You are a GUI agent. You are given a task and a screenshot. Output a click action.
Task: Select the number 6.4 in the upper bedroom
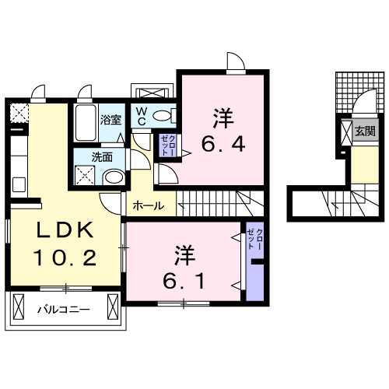tap(224, 144)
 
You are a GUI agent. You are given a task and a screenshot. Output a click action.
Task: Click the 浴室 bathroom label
tap(110, 120)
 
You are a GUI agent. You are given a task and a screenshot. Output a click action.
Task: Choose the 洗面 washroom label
tap(102, 156)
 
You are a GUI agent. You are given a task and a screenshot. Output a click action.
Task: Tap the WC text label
tap(142, 117)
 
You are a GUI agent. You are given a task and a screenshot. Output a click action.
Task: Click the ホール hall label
tap(148, 206)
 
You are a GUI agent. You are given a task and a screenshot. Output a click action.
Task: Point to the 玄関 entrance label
tap(365, 131)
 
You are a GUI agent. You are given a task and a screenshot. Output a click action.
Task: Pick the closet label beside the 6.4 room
tap(167, 144)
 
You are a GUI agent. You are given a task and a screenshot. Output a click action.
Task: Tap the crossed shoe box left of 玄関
tap(345, 131)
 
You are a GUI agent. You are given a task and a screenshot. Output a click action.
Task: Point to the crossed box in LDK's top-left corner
tap(17, 114)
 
